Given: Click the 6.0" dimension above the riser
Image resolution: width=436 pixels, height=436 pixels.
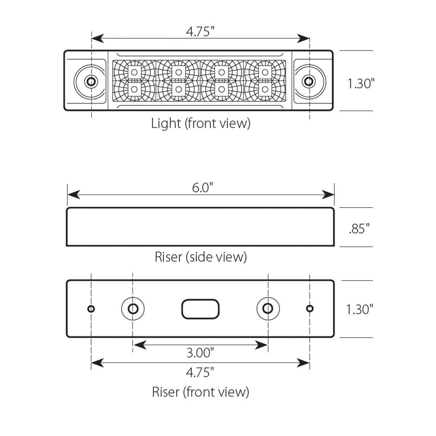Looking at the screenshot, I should tap(201, 188).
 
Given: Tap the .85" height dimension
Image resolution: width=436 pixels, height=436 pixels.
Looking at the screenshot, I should tap(359, 229).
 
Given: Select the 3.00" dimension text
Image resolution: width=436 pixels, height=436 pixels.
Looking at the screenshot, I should tap(200, 352).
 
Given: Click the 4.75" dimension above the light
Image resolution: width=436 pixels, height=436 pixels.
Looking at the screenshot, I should tap(198, 32).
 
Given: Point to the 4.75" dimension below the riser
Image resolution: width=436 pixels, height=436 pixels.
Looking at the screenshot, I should tap(200, 372).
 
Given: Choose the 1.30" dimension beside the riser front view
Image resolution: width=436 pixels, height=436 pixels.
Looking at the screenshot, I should tap(360, 310).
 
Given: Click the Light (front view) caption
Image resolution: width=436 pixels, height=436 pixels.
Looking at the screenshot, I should tap(201, 124).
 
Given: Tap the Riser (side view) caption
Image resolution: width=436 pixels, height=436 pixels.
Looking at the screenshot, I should tap(201, 257).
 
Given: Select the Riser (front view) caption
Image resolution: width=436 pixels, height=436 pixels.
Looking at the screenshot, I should tap(201, 392).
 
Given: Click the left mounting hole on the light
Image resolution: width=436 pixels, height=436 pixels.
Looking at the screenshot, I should tap(91, 81).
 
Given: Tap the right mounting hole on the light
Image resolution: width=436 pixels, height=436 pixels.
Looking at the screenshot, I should tap(308, 81).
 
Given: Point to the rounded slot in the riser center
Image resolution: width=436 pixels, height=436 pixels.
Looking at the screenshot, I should tap(200, 309).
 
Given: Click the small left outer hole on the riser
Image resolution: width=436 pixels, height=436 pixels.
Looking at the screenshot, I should tap(91, 309).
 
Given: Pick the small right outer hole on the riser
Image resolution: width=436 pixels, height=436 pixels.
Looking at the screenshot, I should tap(310, 309).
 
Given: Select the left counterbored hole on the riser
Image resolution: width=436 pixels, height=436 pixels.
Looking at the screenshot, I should tap(133, 309).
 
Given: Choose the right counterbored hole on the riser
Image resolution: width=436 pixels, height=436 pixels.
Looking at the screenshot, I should tap(268, 309).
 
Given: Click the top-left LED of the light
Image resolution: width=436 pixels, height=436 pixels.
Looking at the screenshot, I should tap(134, 72).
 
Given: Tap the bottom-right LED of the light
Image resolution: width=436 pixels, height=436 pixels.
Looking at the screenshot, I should tap(265, 89).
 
